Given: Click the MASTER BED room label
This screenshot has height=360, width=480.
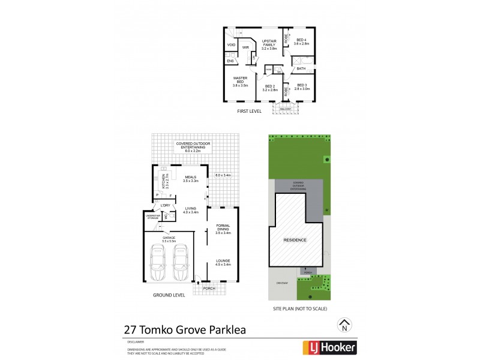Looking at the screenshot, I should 241,82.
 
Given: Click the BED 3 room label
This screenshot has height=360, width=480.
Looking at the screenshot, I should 302,86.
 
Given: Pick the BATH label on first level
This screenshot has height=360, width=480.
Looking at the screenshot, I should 301,69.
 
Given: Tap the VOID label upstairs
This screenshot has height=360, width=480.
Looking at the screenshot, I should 231,45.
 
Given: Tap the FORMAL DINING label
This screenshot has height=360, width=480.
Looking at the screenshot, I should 223,229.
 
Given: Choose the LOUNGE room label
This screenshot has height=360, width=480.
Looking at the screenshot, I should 223,262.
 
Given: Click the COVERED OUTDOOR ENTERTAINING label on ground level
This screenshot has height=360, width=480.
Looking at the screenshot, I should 191,146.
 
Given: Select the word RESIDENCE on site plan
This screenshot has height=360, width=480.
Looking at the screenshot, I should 295,240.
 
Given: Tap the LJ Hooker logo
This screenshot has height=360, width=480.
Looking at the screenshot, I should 328,347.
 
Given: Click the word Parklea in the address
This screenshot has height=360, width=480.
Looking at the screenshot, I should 223,329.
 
